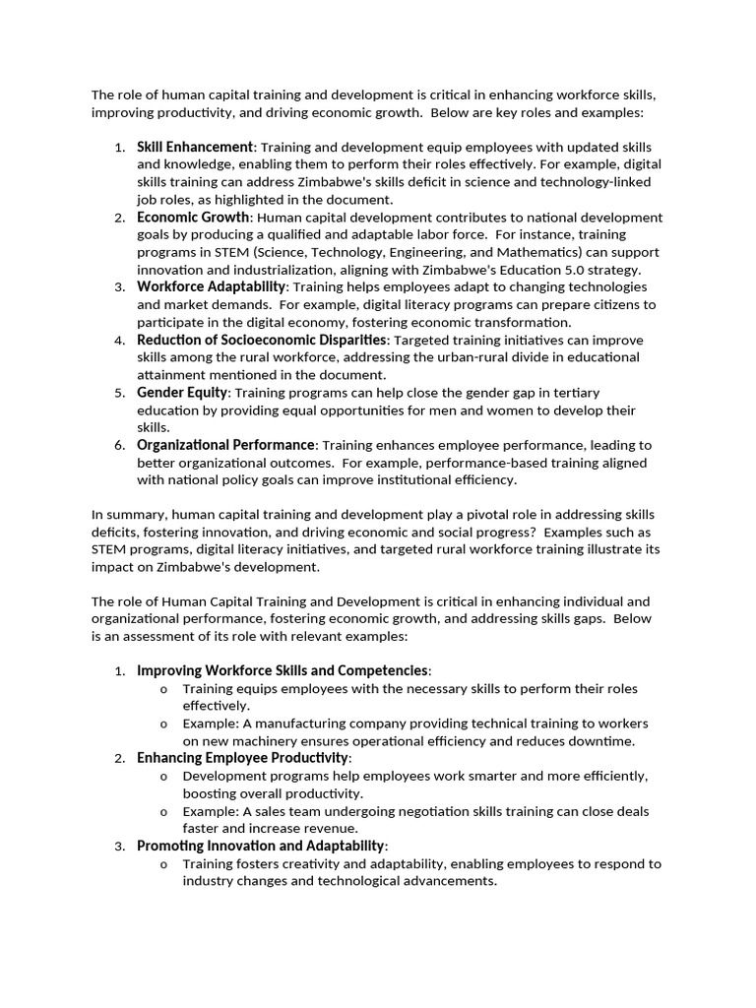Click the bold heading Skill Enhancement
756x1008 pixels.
coord(195,147)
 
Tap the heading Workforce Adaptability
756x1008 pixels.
coord(211,286)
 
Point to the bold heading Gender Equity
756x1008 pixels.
coord(182,393)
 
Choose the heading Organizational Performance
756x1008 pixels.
coord(225,445)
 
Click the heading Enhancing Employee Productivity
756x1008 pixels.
coord(243,758)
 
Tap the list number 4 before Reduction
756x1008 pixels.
coord(119,340)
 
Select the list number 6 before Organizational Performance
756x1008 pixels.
coord(119,445)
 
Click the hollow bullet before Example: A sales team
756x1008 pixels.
coord(163,811)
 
